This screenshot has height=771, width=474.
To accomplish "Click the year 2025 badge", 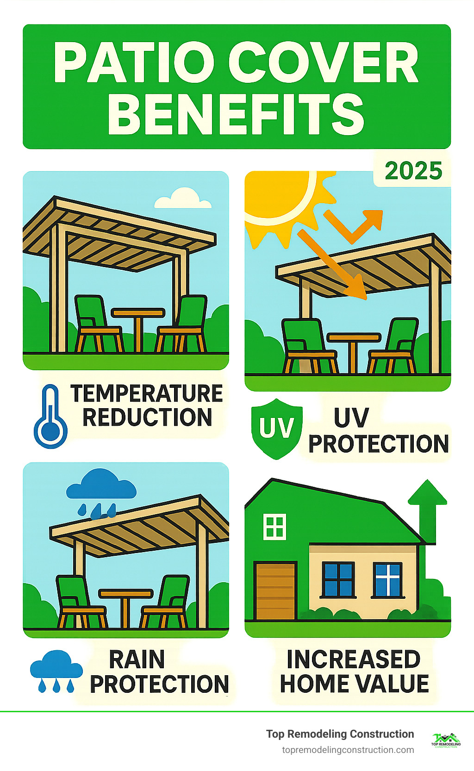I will [413, 171].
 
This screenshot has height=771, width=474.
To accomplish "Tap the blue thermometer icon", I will [50, 417].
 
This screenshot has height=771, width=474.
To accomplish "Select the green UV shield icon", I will [277, 429].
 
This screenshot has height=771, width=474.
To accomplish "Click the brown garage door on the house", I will [275, 591].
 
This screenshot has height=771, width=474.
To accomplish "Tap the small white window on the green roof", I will [274, 526].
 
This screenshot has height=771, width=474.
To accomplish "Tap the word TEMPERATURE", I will [147, 394].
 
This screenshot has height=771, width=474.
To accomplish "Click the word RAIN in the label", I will [137, 659].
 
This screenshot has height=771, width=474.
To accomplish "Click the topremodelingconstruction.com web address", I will [348, 750].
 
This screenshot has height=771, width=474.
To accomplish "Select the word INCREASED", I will [353, 659].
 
